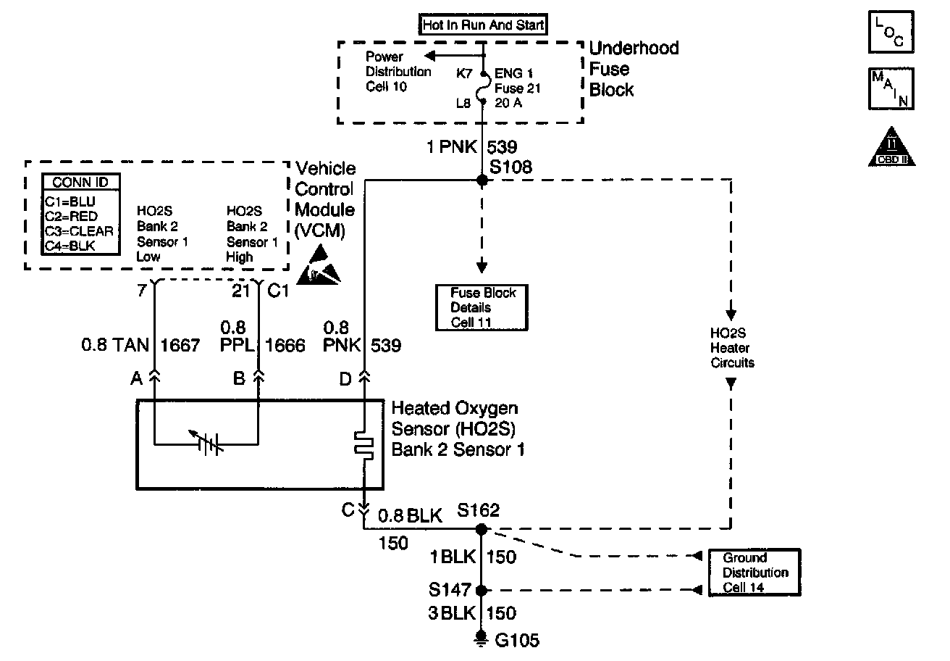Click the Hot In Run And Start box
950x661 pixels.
(x=483, y=25)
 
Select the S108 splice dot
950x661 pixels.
(x=483, y=180)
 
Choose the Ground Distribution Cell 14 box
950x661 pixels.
(x=754, y=572)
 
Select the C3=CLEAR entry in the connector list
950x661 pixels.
(x=79, y=230)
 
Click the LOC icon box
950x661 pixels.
(x=890, y=32)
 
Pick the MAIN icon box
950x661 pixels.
(x=890, y=88)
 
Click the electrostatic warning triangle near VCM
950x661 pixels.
(x=322, y=265)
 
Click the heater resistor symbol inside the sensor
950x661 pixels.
(x=363, y=444)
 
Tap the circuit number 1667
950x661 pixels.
(x=181, y=346)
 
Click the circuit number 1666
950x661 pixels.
(x=285, y=346)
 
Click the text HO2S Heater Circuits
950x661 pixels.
(x=732, y=348)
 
